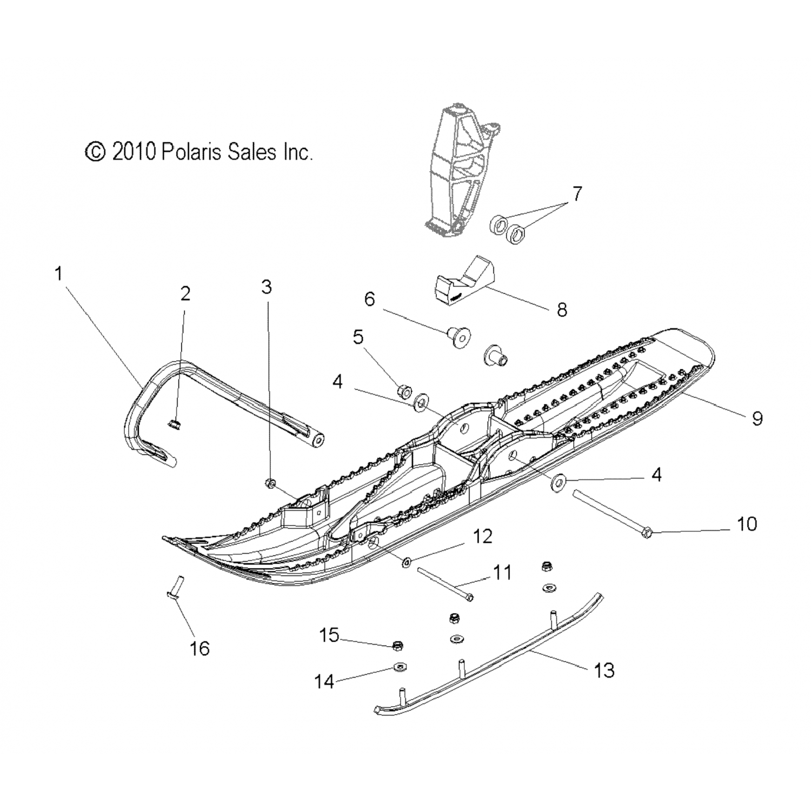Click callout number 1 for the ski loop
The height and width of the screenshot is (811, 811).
click(58, 274)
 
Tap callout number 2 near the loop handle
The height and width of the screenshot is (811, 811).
click(185, 294)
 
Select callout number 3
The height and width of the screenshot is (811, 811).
click(267, 287)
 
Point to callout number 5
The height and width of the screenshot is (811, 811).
click(358, 337)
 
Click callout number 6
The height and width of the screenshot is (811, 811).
click(369, 299)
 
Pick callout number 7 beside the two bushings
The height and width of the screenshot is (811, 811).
click(577, 194)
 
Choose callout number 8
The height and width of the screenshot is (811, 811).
click(562, 310)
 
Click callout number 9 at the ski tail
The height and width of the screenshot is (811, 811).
click(757, 417)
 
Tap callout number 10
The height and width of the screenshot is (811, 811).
click(747, 524)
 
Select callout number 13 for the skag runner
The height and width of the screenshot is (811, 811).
click(604, 670)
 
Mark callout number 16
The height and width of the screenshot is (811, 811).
click(200, 648)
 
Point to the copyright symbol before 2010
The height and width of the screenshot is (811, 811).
click(95, 152)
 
